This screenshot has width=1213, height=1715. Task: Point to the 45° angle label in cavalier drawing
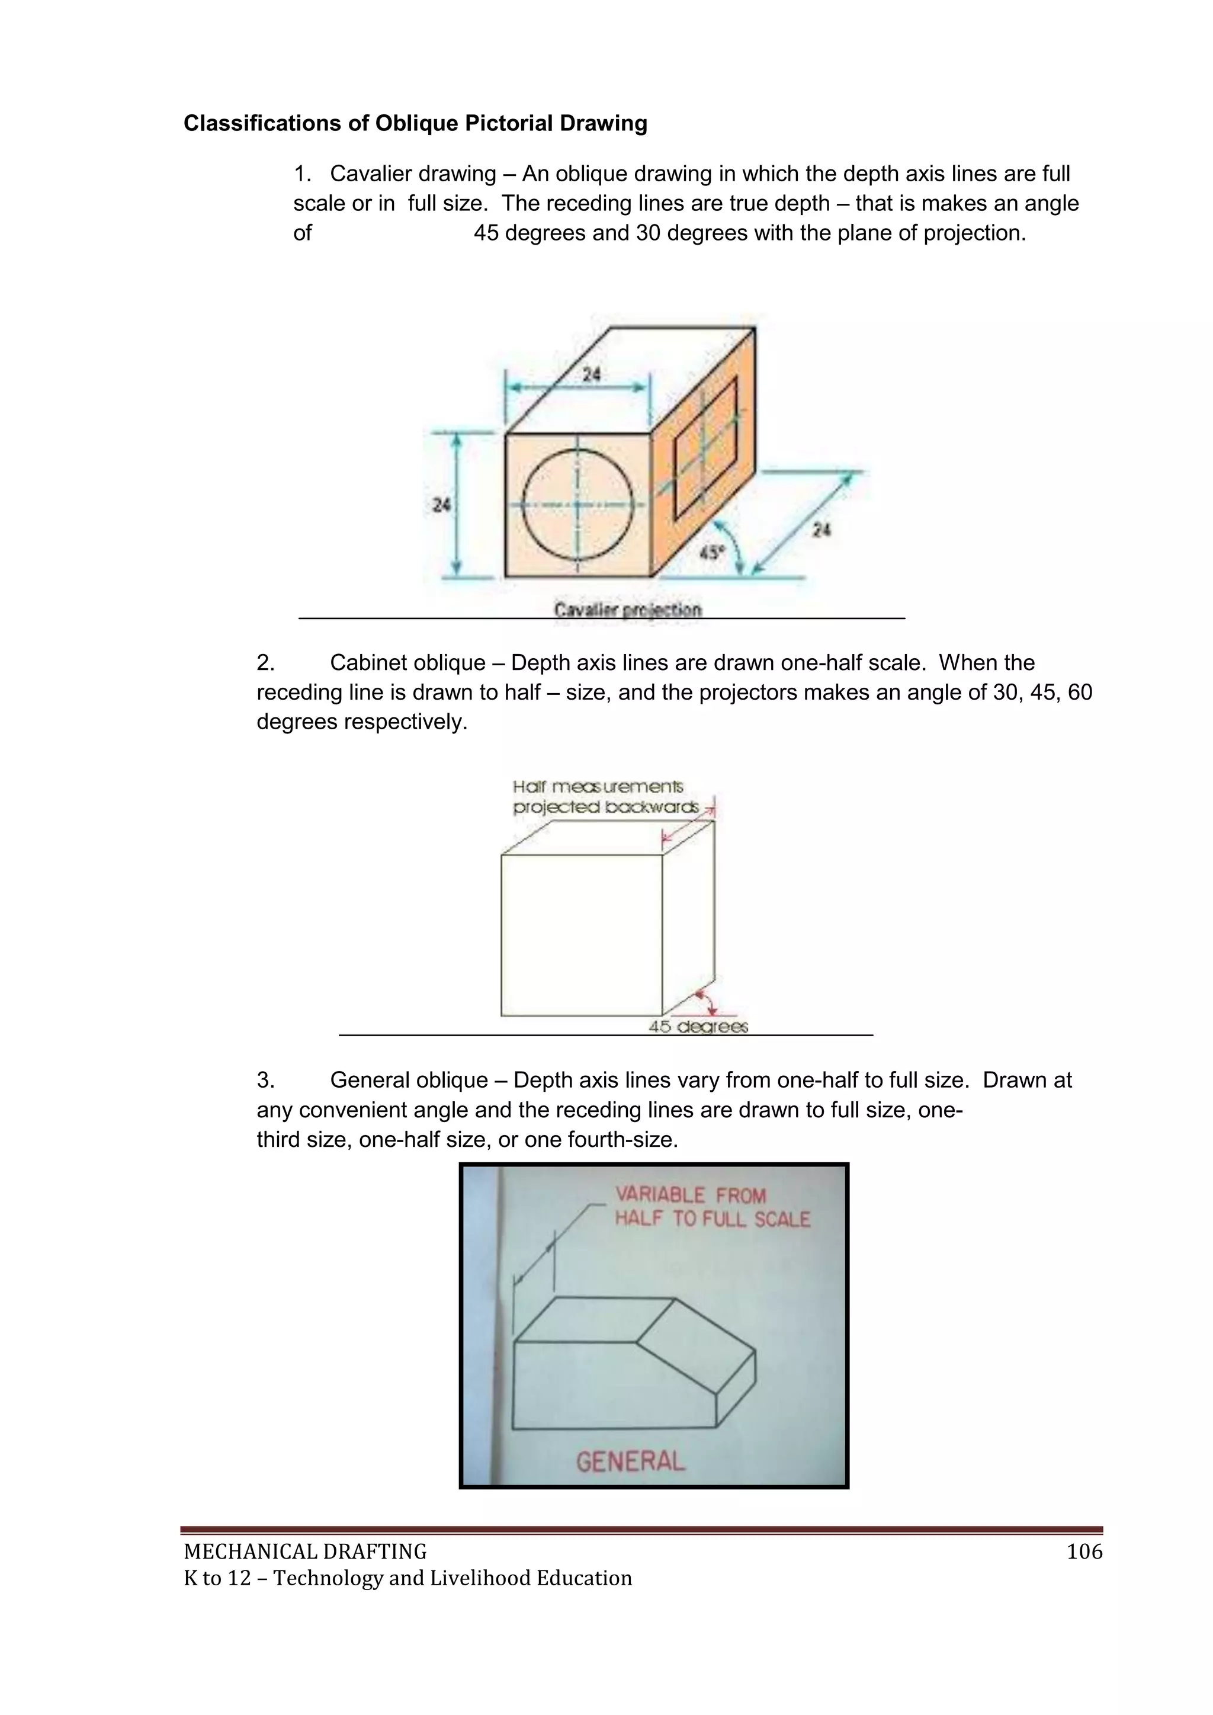(x=712, y=553)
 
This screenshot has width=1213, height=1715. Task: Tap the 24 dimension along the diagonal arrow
(x=821, y=530)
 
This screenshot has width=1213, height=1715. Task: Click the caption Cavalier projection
(x=627, y=610)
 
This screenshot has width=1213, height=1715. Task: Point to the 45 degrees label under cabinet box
(x=698, y=1026)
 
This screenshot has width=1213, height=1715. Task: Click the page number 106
(x=1084, y=1552)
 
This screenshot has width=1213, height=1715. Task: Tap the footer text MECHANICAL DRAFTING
(x=305, y=1552)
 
